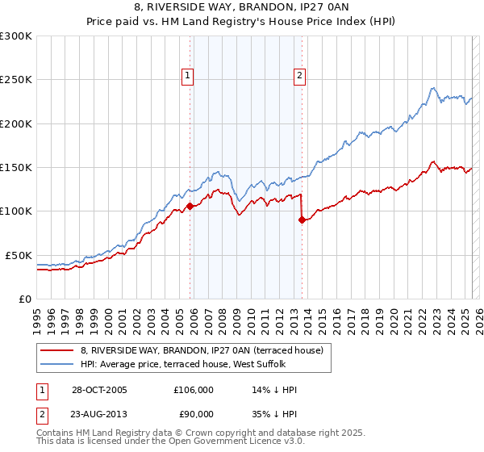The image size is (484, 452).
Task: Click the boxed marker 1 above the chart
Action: (x=188, y=76)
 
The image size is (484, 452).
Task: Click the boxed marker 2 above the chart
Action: (x=299, y=76)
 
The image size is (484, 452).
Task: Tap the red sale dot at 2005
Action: (x=190, y=206)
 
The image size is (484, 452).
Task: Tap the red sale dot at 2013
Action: (x=302, y=220)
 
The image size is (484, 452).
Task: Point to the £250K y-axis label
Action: (x=16, y=80)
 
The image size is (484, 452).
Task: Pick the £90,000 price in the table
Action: (x=194, y=414)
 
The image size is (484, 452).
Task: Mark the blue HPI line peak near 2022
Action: (x=433, y=88)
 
